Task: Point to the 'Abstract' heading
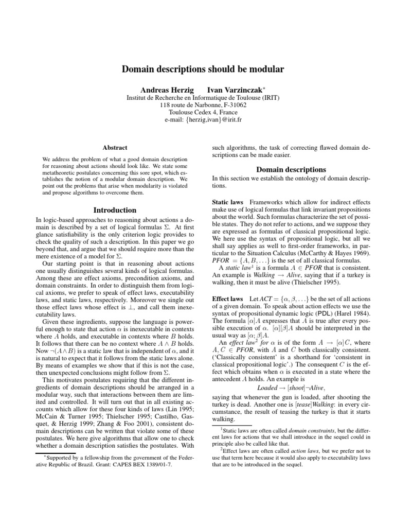[x=115, y=147]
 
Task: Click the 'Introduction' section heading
[x=115, y=210]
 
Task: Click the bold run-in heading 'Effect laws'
[x=228, y=298]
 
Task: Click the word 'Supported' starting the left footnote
[x=59, y=458]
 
